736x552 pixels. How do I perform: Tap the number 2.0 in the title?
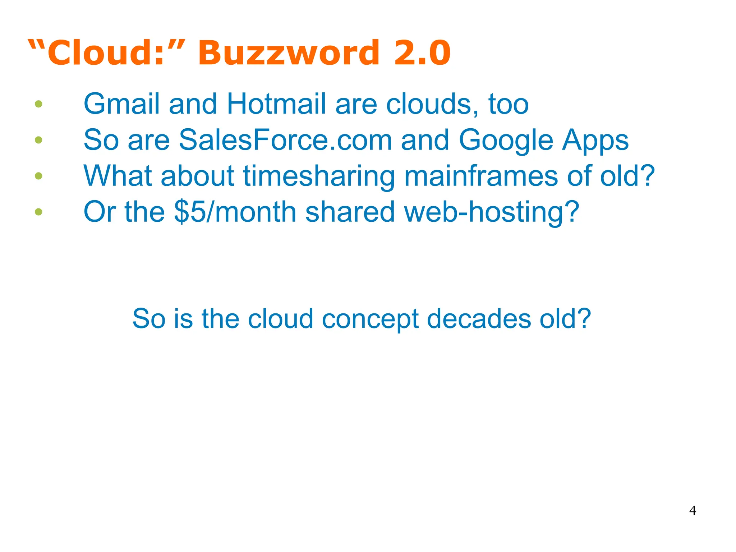click(422, 53)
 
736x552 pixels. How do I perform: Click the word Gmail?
click(121, 104)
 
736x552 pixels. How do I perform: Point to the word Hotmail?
click(276, 104)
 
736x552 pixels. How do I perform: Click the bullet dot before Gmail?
click(39, 104)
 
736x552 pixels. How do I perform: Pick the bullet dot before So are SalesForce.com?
click(39, 140)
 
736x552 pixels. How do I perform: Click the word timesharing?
click(319, 176)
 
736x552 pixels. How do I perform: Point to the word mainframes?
click(481, 176)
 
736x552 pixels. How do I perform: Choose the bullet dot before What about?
click(39, 176)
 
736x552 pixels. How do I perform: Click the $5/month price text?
click(235, 212)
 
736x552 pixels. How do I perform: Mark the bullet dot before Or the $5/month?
click(39, 212)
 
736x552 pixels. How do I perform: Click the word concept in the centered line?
click(370, 319)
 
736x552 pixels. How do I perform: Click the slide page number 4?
click(693, 511)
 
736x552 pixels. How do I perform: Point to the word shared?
click(350, 212)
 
